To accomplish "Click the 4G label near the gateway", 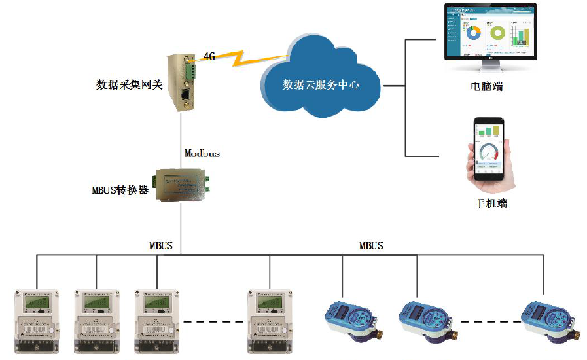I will (209, 56).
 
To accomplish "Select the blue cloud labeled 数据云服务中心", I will (321, 79).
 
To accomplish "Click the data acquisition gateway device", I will (181, 82).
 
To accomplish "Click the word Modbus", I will (202, 153).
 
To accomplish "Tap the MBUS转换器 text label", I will (120, 190).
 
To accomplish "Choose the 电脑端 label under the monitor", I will (488, 86).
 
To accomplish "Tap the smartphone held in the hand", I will (490, 151).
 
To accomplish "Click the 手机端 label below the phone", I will (491, 203).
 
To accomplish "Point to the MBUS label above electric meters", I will (161, 246).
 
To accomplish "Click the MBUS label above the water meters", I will (371, 246).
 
